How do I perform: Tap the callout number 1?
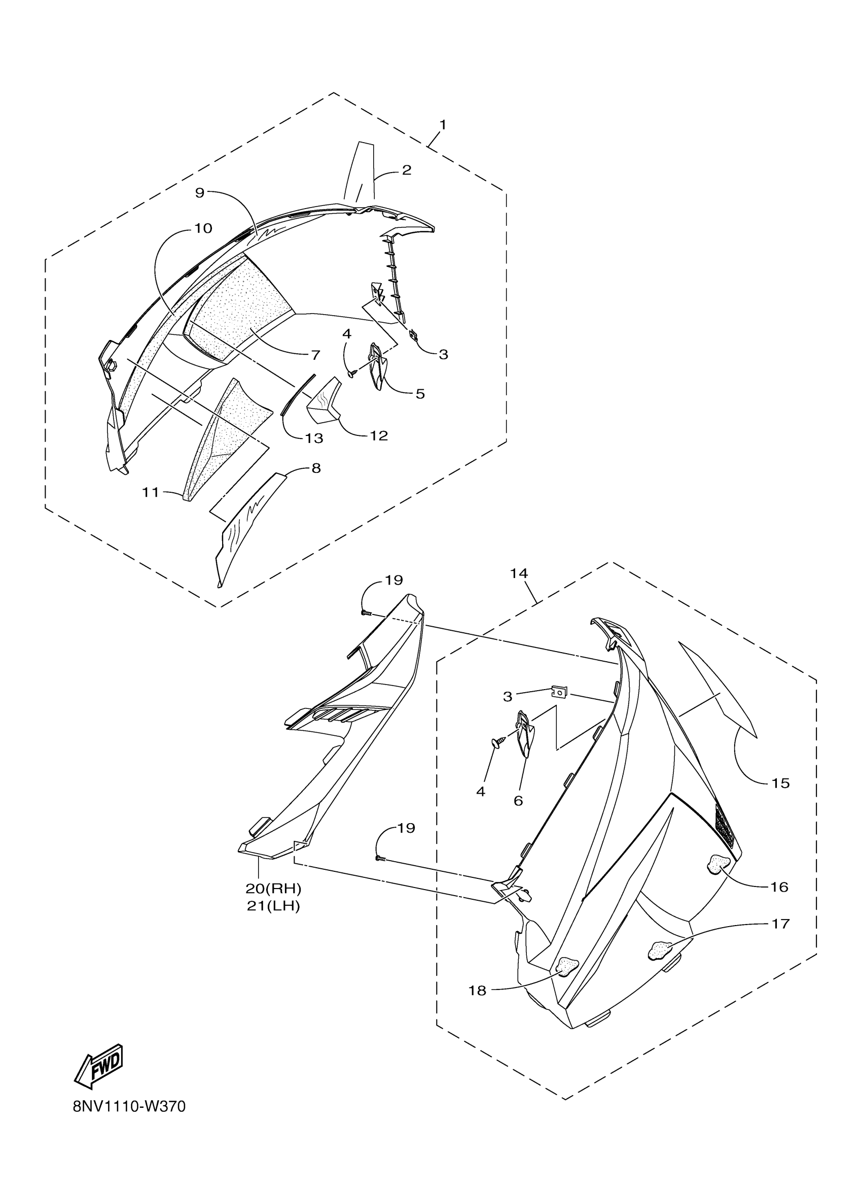(443, 125)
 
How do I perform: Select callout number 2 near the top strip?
(406, 170)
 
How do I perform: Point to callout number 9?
(199, 193)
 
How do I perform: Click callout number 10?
(203, 228)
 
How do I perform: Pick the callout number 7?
(315, 355)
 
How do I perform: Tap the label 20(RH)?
(273, 889)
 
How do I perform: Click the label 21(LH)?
(273, 906)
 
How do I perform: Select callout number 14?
(519, 573)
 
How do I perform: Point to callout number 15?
(781, 798)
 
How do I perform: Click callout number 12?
(379, 435)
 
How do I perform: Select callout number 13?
(314, 438)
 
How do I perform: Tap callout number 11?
(151, 492)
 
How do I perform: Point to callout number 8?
(316, 468)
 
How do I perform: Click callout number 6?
(518, 801)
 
